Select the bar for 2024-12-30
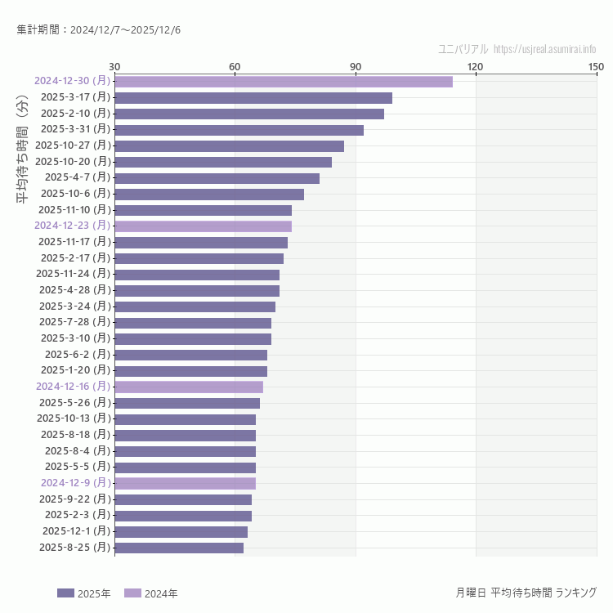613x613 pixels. (x=283, y=82)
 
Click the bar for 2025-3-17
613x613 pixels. (x=253, y=98)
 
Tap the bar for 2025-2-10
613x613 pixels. (x=249, y=114)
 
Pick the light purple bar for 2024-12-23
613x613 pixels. (x=203, y=226)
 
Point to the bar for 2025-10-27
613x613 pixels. (x=229, y=146)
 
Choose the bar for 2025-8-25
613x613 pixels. (x=179, y=548)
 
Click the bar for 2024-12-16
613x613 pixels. (x=189, y=387)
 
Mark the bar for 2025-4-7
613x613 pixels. (x=217, y=178)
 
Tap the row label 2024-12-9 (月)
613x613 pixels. (x=75, y=483)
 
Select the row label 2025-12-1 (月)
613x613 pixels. (x=75, y=531)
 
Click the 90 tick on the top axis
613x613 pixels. (x=356, y=66)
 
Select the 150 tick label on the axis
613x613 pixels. (x=596, y=66)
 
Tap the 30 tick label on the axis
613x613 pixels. (x=114, y=66)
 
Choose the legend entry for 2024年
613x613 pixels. (x=150, y=593)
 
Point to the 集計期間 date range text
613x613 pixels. (x=99, y=30)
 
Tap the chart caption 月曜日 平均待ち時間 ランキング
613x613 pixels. (x=526, y=593)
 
